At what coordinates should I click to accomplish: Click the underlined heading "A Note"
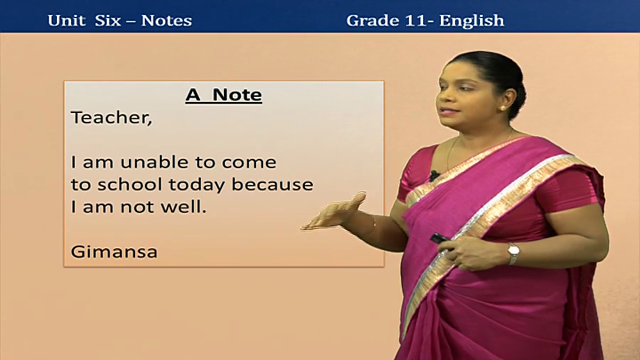click(x=223, y=95)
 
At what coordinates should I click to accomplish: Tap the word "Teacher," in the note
click(x=111, y=117)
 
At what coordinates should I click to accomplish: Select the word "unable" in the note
click(x=154, y=162)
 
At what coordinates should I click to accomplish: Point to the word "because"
click(x=272, y=184)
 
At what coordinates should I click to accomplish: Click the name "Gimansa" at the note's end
click(x=114, y=251)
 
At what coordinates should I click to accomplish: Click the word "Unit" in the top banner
click(x=66, y=20)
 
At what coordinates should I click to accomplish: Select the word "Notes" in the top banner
click(x=166, y=20)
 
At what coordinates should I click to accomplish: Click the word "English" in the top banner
click(x=471, y=21)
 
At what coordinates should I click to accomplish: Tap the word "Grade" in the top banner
click(x=372, y=20)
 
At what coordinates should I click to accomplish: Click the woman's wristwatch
click(x=513, y=253)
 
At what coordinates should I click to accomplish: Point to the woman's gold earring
click(x=502, y=108)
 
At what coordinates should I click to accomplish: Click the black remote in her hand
click(x=439, y=238)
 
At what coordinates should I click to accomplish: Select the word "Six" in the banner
click(x=108, y=20)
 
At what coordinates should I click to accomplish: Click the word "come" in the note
click(x=249, y=162)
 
